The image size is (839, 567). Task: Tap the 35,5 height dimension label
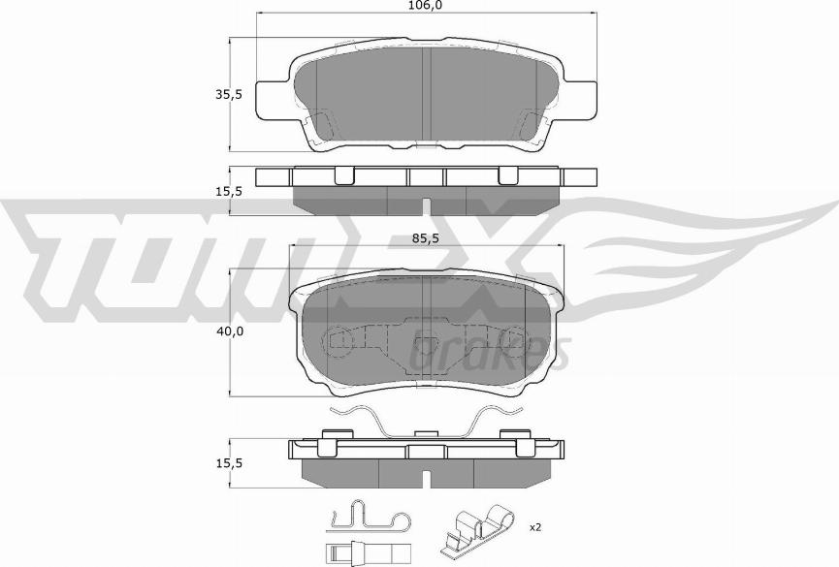pyautogui.click(x=229, y=95)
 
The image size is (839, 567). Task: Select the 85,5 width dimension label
pyautogui.click(x=426, y=239)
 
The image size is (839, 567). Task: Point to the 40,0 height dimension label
pyautogui.click(x=230, y=331)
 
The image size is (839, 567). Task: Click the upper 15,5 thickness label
pyautogui.click(x=229, y=192)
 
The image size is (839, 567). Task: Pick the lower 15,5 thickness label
pyautogui.click(x=229, y=463)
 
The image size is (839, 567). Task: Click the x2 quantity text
pyautogui.click(x=535, y=528)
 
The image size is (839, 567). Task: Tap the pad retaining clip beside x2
pyautogui.click(x=478, y=528)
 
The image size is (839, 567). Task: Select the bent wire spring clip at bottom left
pyautogui.click(x=370, y=518)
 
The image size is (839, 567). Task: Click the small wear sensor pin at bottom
pyautogui.click(x=367, y=551)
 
